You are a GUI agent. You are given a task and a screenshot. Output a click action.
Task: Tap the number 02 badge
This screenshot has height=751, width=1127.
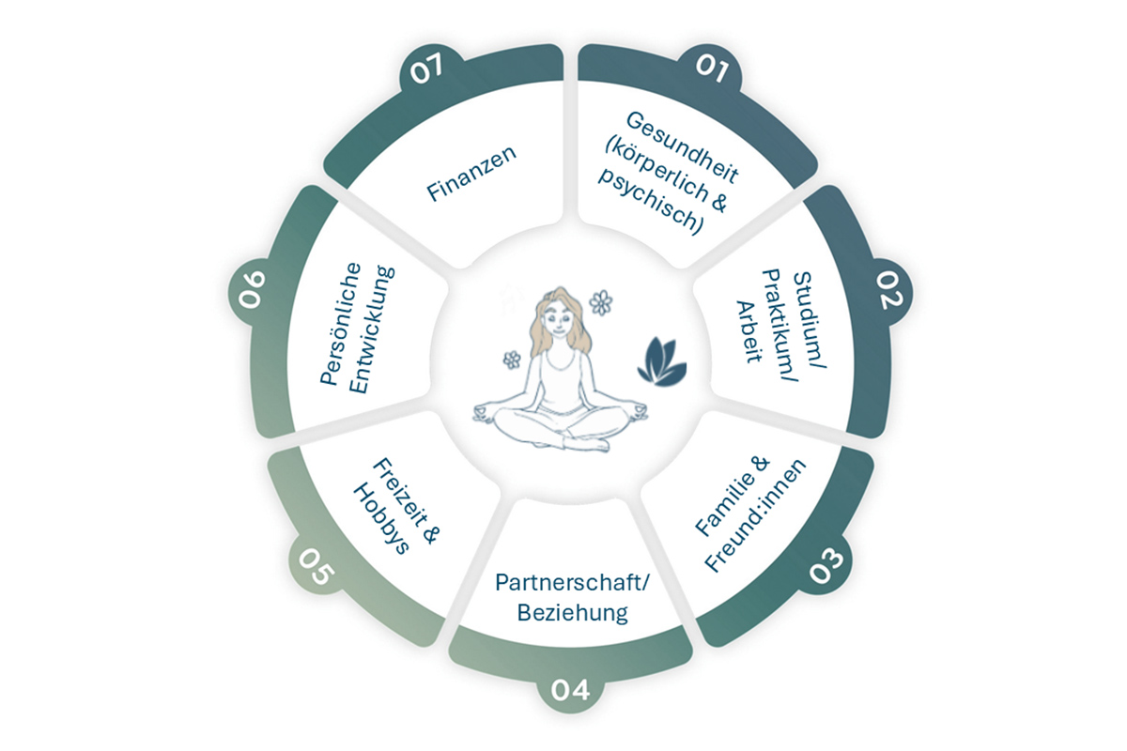point(888,291)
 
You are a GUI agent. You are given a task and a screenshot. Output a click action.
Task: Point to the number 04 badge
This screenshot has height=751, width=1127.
point(571,692)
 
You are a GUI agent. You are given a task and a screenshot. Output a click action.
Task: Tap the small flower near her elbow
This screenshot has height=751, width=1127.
point(512,359)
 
